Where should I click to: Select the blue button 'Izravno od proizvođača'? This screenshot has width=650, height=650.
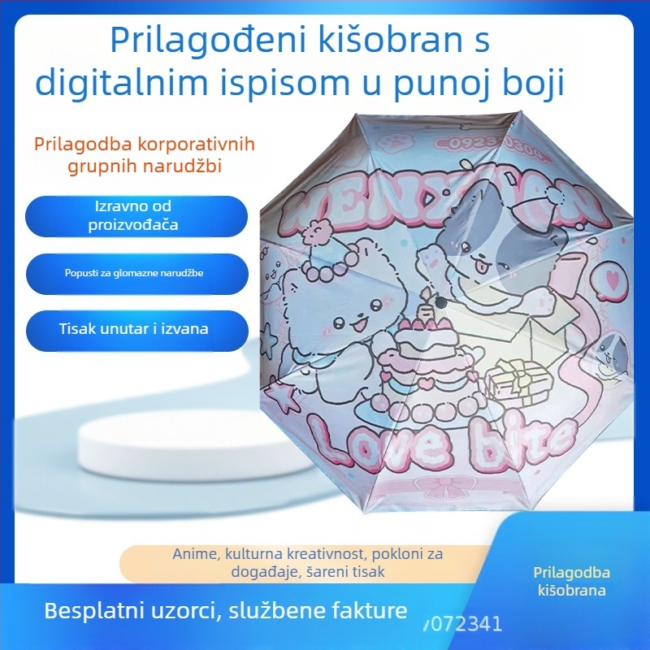coord(133,215)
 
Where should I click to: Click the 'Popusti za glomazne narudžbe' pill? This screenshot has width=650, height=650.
coord(133,273)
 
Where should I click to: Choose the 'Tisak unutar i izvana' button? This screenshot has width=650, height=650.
coord(133,329)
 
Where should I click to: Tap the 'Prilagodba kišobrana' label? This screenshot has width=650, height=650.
coord(573,581)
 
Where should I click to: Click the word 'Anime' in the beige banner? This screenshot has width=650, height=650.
coord(195,553)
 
